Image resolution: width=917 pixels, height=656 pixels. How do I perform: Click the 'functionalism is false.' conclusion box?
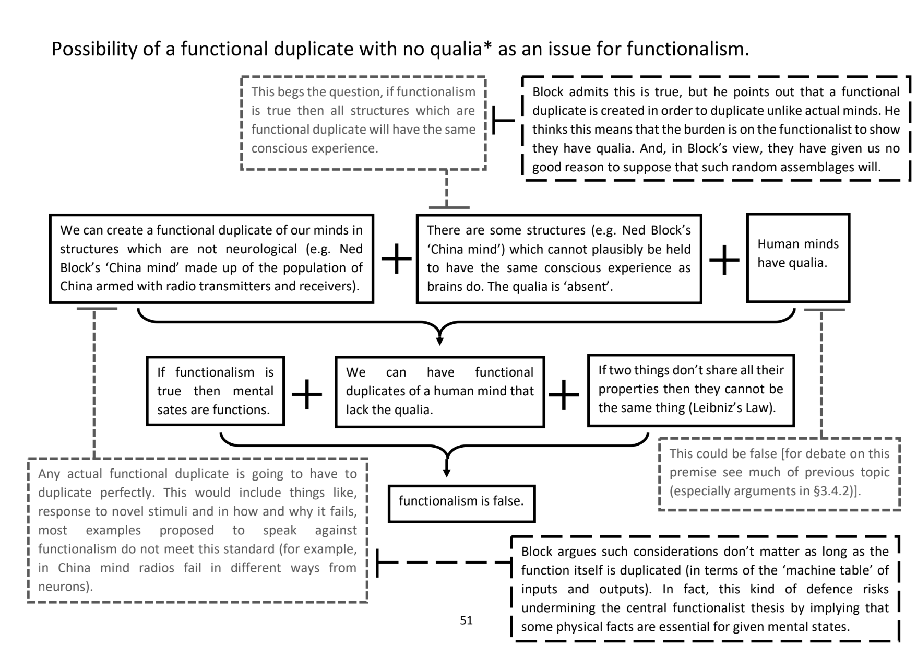click(x=461, y=503)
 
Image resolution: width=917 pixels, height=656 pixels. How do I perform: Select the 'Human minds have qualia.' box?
click(x=797, y=257)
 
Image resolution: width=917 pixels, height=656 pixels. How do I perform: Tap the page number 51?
click(x=466, y=620)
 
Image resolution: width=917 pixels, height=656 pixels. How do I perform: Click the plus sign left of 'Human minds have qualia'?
click(x=724, y=260)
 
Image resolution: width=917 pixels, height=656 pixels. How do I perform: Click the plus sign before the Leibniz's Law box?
click(x=564, y=394)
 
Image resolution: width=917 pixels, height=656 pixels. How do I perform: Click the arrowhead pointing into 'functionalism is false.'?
click(x=447, y=473)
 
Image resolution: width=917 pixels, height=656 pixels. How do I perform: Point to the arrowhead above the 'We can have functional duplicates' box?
click(x=440, y=341)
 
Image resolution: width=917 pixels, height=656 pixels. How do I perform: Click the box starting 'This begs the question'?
click(x=363, y=123)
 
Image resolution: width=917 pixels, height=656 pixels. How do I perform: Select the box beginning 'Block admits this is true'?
click(x=716, y=129)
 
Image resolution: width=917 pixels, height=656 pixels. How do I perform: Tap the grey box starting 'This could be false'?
click(x=779, y=473)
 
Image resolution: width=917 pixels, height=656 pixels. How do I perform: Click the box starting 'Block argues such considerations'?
click(x=705, y=589)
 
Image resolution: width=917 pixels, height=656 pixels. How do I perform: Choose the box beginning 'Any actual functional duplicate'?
click(x=197, y=530)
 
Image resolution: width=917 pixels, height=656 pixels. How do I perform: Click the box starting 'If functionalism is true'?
click(x=215, y=391)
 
